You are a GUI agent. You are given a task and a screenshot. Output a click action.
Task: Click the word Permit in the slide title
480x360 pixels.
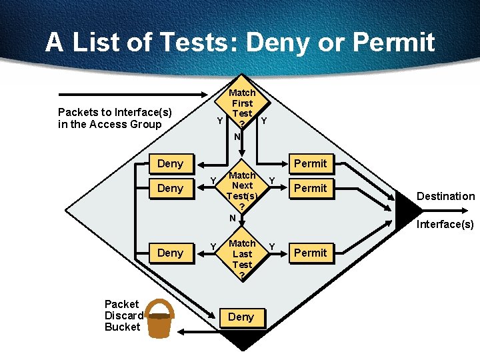[393, 43]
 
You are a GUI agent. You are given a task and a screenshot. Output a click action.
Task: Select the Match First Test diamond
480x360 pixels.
[242, 110]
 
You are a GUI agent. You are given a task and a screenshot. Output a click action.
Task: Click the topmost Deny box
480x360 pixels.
[170, 164]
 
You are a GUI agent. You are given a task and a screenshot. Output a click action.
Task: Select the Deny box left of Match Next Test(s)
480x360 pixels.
[170, 189]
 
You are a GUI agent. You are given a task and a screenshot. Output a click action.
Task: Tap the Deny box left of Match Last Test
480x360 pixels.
[170, 253]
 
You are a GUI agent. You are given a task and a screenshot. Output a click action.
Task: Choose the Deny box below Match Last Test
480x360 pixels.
[241, 317]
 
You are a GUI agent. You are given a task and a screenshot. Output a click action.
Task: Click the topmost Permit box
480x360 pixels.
[311, 164]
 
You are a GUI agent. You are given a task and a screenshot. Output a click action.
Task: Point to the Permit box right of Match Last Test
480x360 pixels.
[311, 253]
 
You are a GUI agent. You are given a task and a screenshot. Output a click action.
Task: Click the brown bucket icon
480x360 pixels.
[159, 319]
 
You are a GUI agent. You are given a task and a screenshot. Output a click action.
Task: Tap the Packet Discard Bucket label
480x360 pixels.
[123, 315]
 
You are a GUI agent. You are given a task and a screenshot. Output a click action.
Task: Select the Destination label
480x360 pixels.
[445, 196]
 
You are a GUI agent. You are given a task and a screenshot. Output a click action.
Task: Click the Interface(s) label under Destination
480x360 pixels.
[445, 224]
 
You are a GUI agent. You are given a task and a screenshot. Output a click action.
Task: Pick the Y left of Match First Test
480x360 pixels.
[220, 121]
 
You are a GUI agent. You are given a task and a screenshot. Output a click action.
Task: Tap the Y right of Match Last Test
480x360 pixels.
[272, 247]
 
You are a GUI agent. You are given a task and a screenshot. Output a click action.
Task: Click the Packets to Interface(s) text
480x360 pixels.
[115, 118]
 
